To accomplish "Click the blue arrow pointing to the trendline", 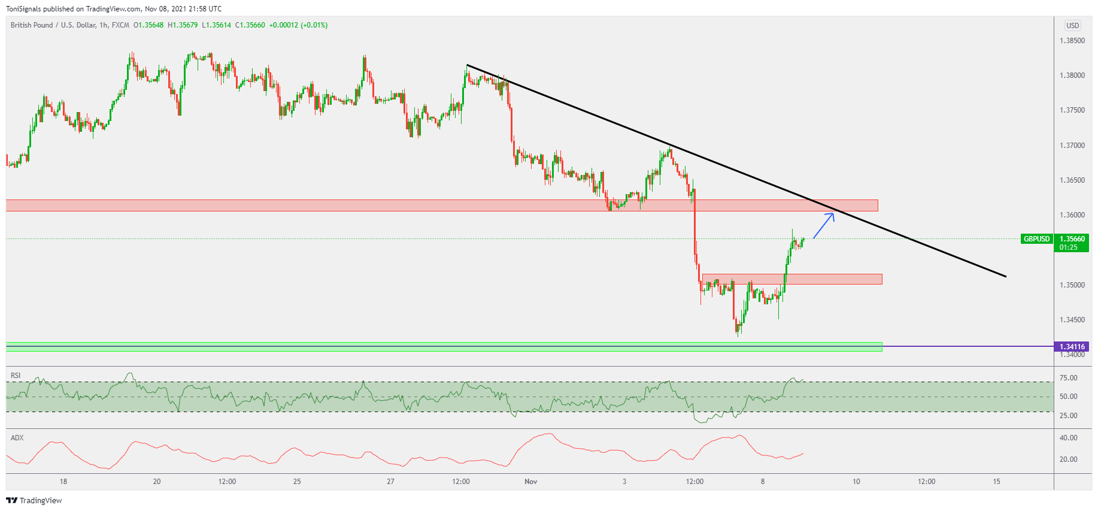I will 824,225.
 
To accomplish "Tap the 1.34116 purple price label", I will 1072,347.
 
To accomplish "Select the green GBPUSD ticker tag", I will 1036,239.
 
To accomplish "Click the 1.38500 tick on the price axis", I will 1072,41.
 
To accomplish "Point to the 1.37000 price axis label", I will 1072,146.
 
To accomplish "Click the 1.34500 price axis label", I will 1072,320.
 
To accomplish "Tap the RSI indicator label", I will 16,376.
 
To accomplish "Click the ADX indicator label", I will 17,438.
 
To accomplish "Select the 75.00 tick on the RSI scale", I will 1068,378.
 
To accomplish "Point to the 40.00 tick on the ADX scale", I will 1068,438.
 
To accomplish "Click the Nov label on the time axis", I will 530,482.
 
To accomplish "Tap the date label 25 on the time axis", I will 297,482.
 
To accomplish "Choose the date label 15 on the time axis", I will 996,482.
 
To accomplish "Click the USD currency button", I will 1072,26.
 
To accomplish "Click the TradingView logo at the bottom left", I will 34,500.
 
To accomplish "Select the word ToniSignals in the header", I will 23,9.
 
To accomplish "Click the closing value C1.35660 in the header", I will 250,25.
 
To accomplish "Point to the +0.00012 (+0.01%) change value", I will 298,25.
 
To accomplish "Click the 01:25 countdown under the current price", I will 1068,247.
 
